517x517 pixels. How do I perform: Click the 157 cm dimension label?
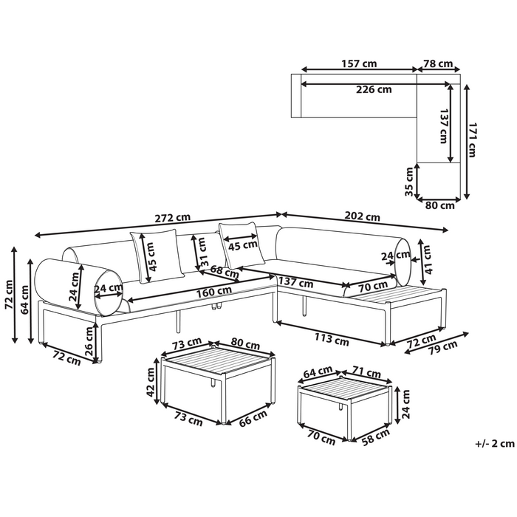(x=359, y=64)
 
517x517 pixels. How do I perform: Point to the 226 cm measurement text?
(x=373, y=90)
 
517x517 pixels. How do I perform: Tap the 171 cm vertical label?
(x=473, y=140)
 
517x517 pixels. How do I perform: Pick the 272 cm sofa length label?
(x=173, y=218)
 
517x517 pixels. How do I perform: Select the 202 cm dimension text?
(x=363, y=217)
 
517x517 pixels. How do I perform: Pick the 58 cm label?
(x=376, y=436)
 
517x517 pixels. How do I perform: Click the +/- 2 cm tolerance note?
(x=495, y=444)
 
